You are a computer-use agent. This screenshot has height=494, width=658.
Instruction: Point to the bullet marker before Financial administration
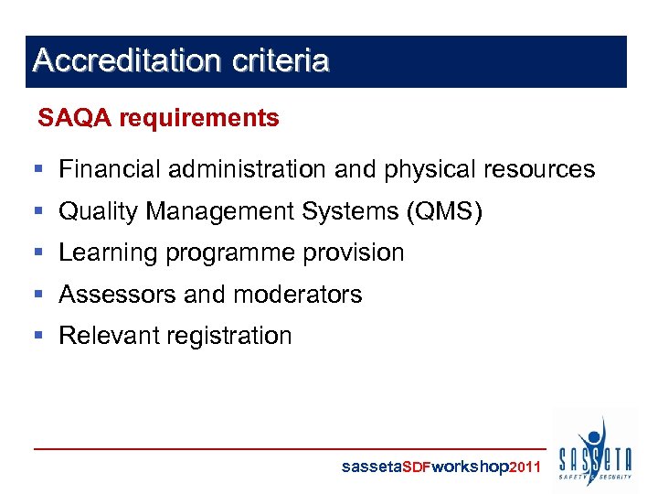(x=38, y=169)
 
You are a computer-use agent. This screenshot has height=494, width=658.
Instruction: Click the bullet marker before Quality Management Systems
(x=38, y=211)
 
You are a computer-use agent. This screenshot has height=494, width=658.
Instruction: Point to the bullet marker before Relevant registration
(x=38, y=336)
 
